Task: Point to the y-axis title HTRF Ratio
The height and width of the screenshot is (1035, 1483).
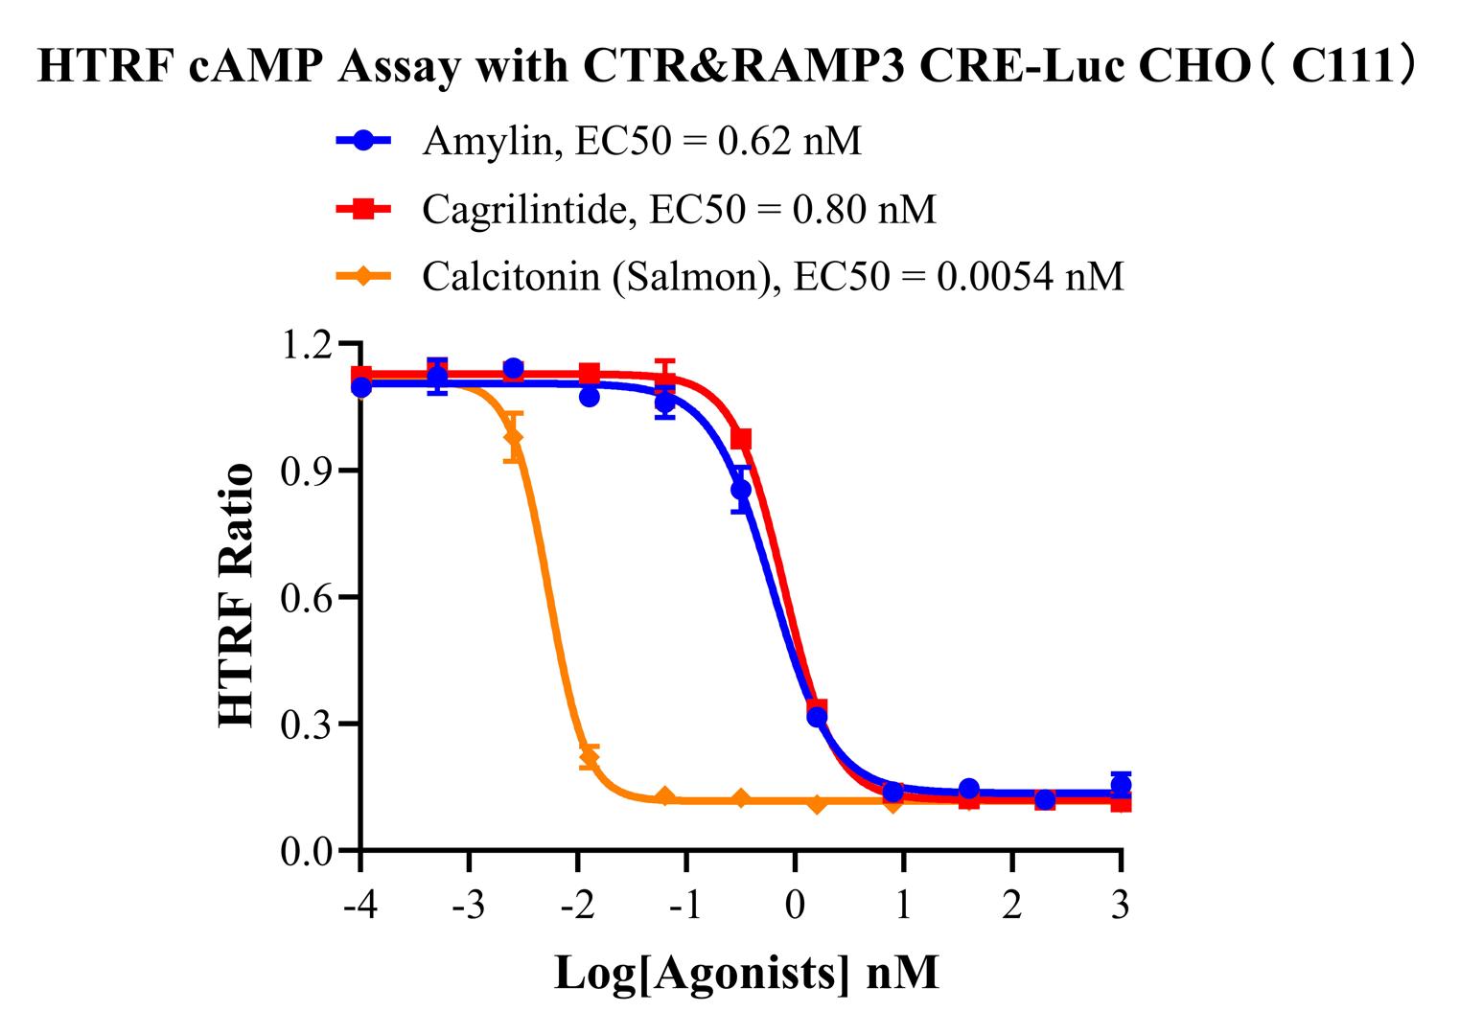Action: (x=237, y=595)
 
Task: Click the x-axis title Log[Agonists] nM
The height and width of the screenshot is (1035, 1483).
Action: (x=746, y=973)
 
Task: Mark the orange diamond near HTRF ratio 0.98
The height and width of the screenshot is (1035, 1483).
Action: (x=514, y=437)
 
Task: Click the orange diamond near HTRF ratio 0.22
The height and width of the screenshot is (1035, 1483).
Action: (x=589, y=758)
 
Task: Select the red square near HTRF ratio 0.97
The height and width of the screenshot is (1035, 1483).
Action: (x=741, y=439)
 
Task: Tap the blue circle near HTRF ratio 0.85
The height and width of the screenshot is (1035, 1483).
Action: (x=740, y=490)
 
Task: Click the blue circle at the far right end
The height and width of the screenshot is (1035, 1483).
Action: (x=1121, y=785)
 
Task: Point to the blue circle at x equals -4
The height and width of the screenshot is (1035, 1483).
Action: (x=361, y=387)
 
